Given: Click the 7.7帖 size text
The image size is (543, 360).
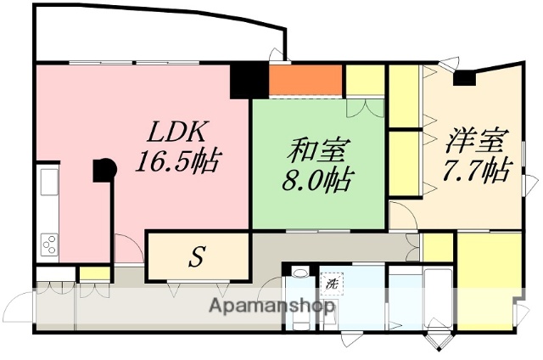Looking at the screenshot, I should (x=475, y=170).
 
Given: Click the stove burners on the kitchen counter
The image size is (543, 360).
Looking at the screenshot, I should (x=48, y=241).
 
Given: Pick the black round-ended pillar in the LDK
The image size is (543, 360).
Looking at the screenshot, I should (x=104, y=170).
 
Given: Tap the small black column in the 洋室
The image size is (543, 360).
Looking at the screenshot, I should (x=464, y=78).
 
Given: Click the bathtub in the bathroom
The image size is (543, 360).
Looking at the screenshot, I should (x=437, y=297).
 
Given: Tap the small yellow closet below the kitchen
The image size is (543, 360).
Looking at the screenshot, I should (x=95, y=273).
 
